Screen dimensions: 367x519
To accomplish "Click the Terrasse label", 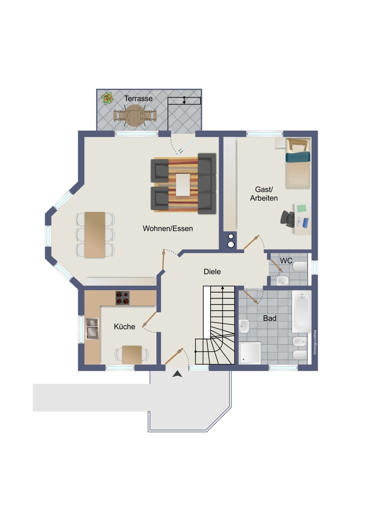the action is [x=138, y=99].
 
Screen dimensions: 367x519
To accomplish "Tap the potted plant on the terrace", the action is [x=108, y=98].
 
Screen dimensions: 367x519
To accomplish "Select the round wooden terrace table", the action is [x=135, y=115].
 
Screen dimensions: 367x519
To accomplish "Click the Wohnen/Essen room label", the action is [x=167, y=228].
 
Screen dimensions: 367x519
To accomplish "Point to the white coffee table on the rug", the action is [x=183, y=185].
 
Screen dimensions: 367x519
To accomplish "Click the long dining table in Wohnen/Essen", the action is [x=95, y=235].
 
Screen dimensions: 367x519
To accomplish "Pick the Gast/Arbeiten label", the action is [x=264, y=194].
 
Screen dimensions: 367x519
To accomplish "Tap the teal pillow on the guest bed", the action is [x=298, y=157].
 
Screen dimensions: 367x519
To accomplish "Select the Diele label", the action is [x=212, y=272].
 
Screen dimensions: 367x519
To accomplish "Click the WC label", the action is [x=286, y=261].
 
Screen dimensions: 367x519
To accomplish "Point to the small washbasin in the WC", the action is [x=282, y=281].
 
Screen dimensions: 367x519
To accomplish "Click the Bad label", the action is [x=270, y=318].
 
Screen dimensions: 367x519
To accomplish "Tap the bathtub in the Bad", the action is [x=302, y=312].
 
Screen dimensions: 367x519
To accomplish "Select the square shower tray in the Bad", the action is [x=250, y=353].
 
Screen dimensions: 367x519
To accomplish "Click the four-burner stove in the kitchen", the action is [x=122, y=298].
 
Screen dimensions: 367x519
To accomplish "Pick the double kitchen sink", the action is [x=92, y=328].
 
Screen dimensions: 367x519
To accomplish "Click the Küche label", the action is [x=125, y=327].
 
